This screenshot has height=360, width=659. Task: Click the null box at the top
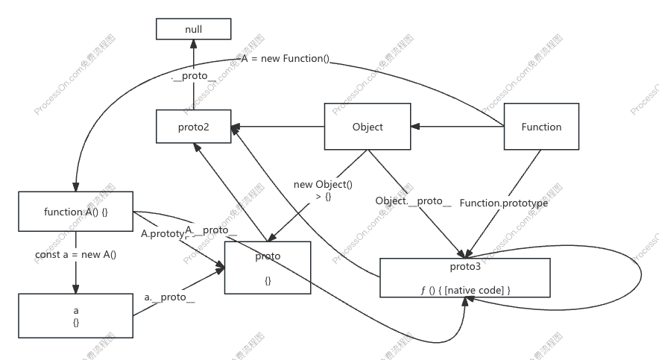click(193, 29)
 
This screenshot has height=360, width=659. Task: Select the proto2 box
click(193, 127)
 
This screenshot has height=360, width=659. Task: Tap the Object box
click(368, 127)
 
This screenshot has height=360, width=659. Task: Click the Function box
click(541, 127)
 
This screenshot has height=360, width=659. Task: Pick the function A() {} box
click(76, 212)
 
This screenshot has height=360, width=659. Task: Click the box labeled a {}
click(76, 315)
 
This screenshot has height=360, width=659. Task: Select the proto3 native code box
click(464, 278)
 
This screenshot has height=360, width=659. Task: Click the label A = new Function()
click(286, 59)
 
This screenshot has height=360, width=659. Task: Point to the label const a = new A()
click(76, 254)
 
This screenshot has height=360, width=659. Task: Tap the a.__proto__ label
click(169, 297)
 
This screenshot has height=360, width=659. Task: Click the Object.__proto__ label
click(413, 200)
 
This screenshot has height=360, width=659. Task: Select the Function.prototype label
click(504, 202)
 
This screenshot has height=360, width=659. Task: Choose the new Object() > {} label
click(323, 190)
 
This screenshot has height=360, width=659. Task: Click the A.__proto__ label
click(211, 230)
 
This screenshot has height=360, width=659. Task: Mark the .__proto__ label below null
click(193, 76)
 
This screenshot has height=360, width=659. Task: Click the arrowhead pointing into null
click(193, 42)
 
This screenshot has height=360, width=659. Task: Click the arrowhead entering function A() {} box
click(75, 188)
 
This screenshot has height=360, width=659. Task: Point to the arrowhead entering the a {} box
click(76, 291)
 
